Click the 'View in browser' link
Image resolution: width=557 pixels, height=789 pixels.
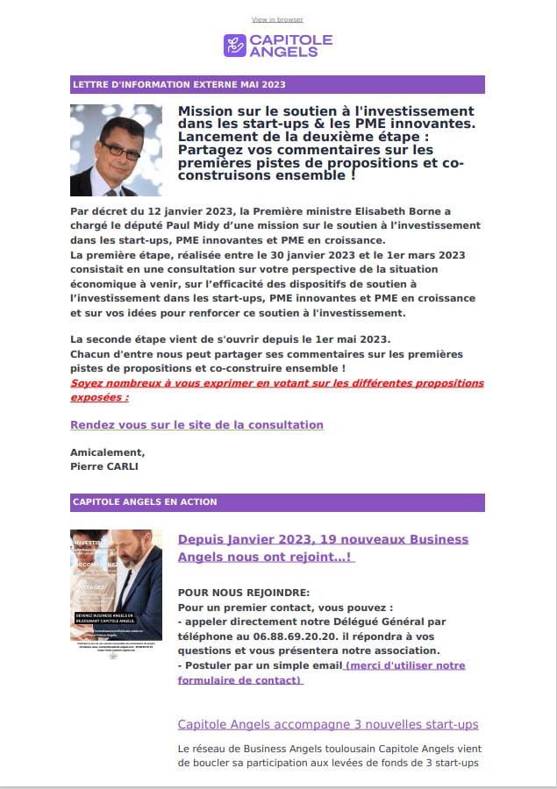point(277,19)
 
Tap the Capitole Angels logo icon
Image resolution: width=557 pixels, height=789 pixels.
point(234,46)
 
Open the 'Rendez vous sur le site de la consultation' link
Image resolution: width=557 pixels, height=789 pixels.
point(196,425)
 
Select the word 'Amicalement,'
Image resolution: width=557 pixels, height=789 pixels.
point(107,452)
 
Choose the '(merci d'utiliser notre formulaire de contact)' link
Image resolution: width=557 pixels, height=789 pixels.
point(404,666)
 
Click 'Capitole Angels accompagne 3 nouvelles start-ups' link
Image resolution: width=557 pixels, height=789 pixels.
point(328,724)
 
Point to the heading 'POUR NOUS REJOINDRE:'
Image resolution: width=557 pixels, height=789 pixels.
point(243,592)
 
